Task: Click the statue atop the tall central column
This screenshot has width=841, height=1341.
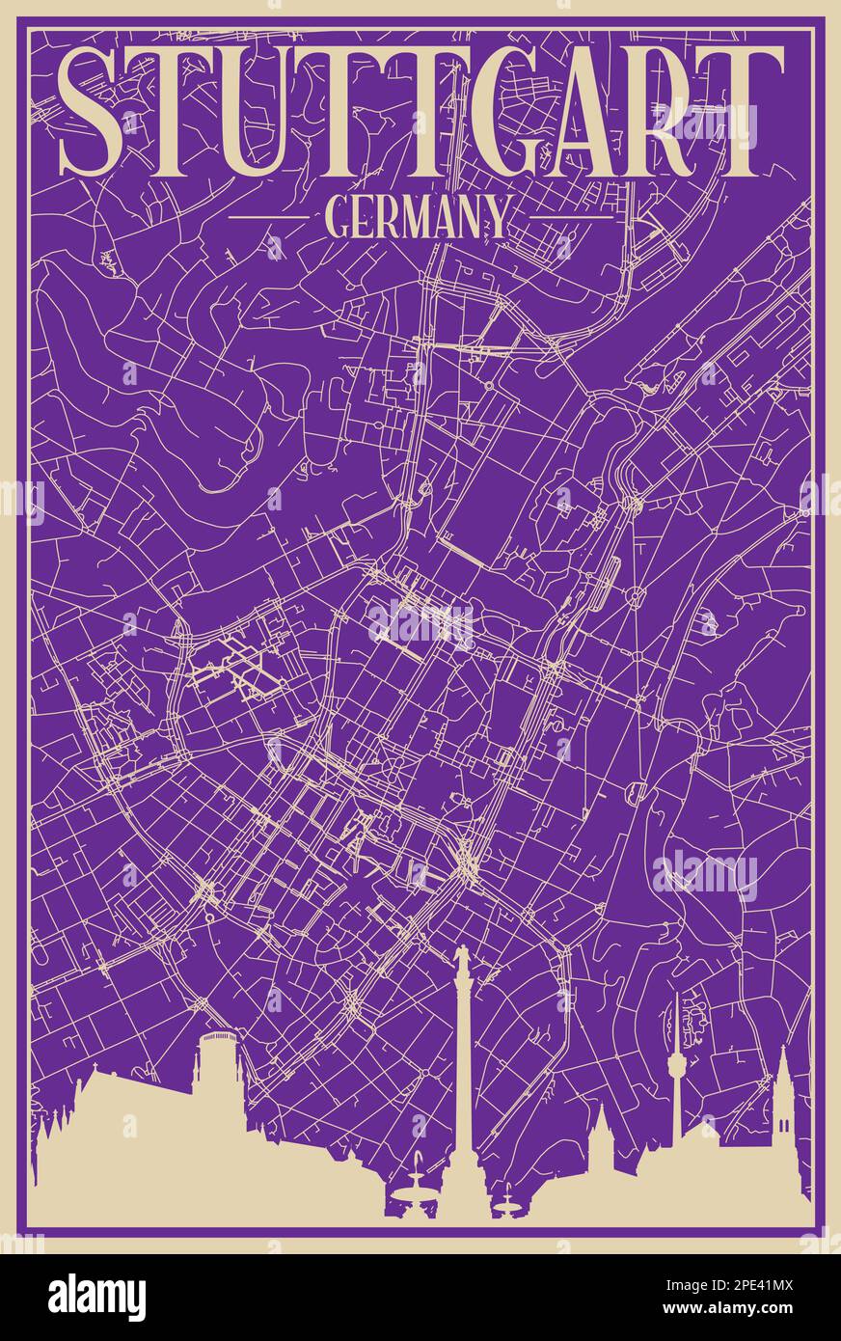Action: tap(462, 959)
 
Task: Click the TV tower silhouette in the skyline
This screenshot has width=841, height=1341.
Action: tap(676, 1071)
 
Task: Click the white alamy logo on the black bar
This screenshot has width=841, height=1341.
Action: tap(96, 1297)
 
